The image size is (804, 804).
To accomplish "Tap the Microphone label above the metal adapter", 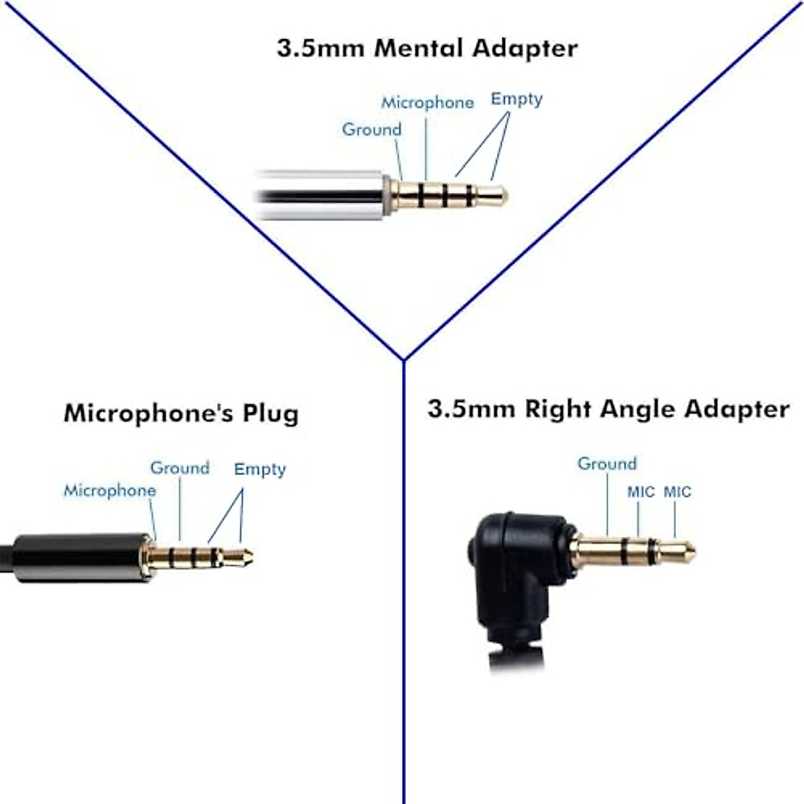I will point(427,103).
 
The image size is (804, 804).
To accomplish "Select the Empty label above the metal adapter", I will point(517,98).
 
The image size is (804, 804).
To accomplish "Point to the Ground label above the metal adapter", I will point(372,129).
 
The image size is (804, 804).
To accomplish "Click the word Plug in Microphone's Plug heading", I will point(271,413).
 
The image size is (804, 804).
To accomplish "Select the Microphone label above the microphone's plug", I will point(110,490).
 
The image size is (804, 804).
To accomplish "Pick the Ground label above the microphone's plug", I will point(180,468).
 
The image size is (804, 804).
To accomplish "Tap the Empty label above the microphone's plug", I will point(260,469).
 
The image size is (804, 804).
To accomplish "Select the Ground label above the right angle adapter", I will point(607,464).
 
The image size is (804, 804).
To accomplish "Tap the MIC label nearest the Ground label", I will point(641,492).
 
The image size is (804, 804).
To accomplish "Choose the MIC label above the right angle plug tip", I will point(677,492).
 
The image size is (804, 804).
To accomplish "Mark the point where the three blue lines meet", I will point(403,360).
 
